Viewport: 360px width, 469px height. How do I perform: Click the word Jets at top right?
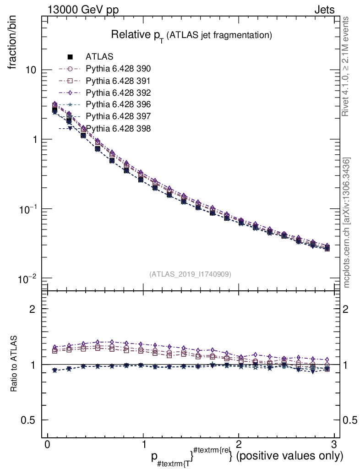tap(324, 10)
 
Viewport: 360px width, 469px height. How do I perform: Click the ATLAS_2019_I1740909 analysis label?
tap(190, 274)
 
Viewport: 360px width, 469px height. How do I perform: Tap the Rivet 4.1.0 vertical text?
tap(347, 66)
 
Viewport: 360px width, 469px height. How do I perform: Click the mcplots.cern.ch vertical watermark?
tap(347, 223)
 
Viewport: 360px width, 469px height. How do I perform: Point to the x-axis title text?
tap(247, 456)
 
